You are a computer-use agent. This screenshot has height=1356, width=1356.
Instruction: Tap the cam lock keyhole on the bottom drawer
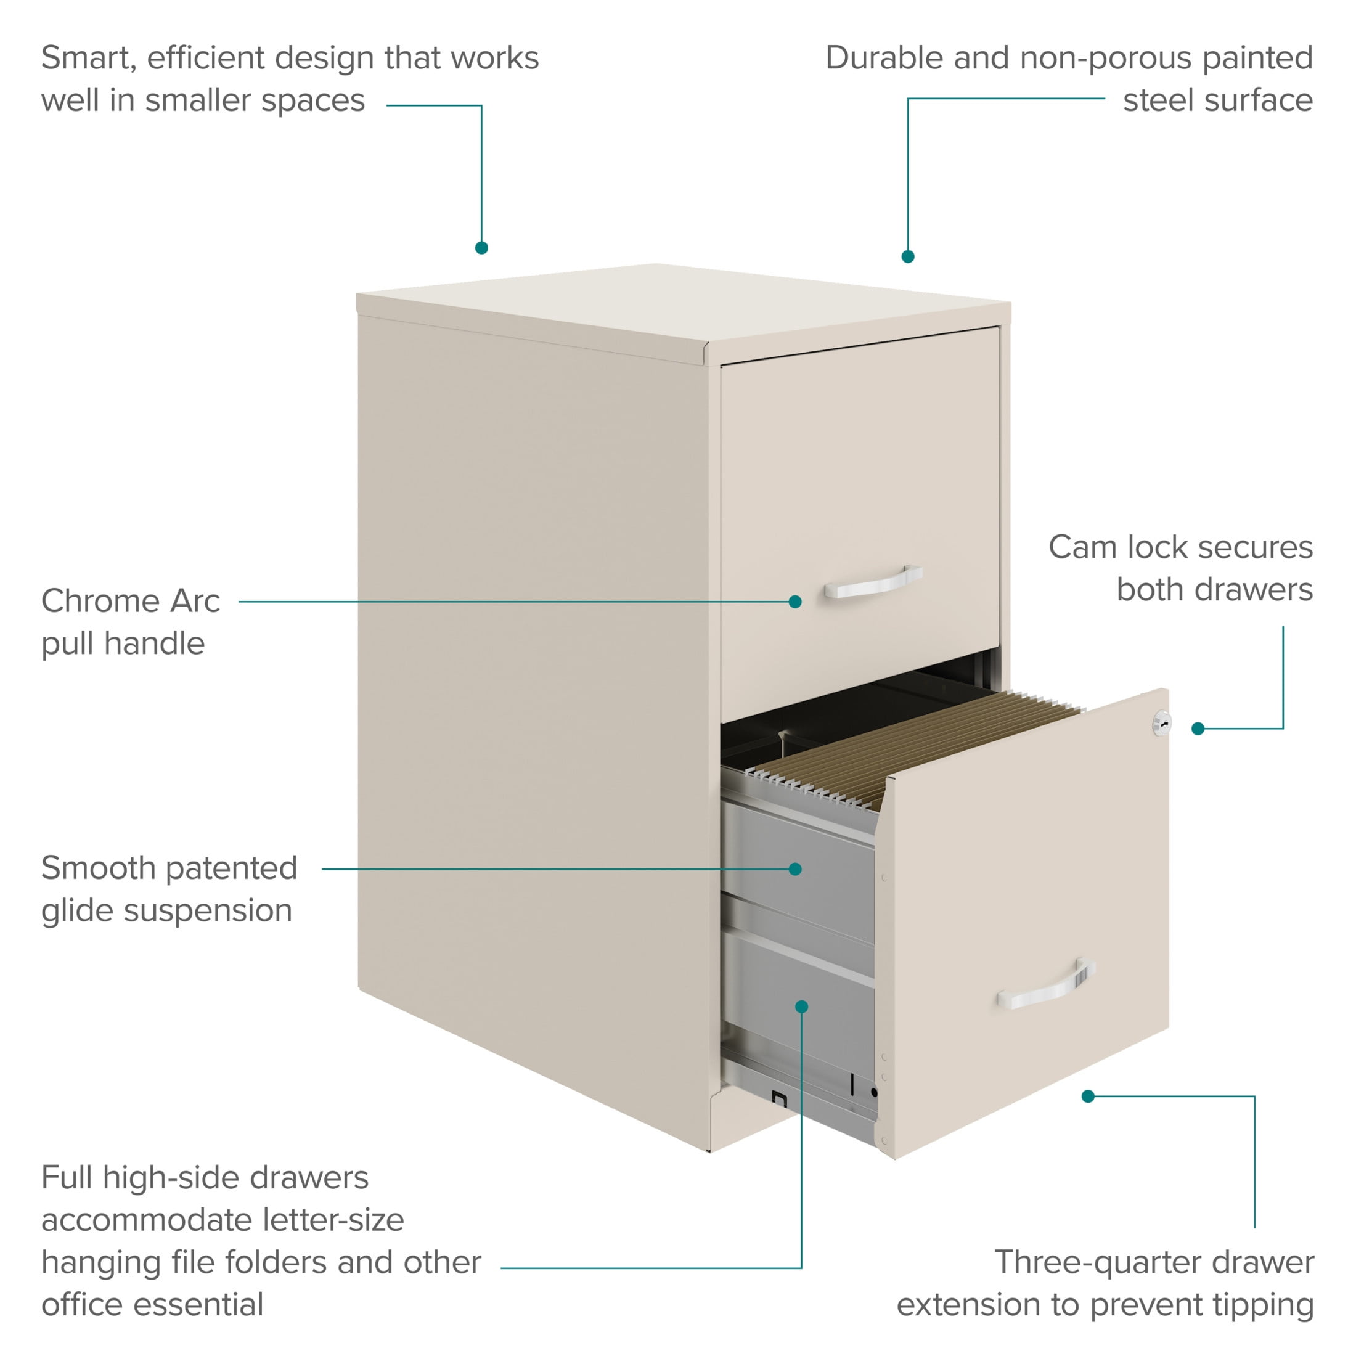[x=1162, y=724]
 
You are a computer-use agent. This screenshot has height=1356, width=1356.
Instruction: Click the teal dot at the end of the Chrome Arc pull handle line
[x=795, y=602]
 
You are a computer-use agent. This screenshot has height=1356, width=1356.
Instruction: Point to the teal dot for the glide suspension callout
[x=795, y=869]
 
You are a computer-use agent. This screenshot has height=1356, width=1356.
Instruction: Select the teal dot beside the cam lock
[x=1198, y=729]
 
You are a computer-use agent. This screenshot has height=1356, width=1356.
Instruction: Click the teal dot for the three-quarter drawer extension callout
[x=1088, y=1097]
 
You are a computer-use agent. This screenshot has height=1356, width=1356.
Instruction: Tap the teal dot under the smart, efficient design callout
[x=481, y=248]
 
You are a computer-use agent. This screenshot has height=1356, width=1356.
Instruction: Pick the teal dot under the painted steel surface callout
[x=907, y=257]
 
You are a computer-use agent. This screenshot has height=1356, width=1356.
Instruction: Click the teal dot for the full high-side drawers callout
[x=801, y=1007]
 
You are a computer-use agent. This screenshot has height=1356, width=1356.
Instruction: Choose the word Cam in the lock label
[x=1082, y=547]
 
